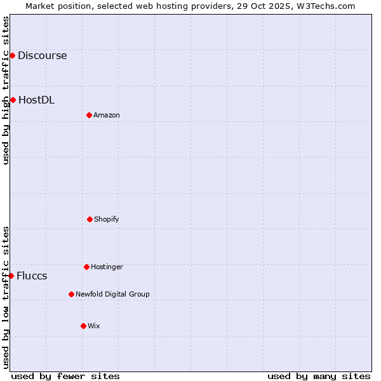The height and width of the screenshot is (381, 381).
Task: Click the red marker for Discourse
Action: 12,55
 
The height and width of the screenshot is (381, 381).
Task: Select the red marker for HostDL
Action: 13,100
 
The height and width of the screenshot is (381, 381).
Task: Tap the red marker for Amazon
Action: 89,115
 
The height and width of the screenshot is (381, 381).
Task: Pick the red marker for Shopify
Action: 90,219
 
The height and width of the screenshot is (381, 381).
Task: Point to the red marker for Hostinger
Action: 86,267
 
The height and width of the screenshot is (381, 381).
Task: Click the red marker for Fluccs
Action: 11,276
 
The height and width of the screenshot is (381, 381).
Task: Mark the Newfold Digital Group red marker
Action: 71,294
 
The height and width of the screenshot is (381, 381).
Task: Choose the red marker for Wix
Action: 83,326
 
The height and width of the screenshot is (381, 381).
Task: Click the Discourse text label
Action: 42,55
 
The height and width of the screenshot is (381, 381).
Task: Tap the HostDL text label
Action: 36,100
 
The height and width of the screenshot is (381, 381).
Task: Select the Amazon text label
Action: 107,115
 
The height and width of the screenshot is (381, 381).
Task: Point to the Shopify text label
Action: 107,219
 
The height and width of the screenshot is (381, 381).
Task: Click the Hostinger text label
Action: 107,267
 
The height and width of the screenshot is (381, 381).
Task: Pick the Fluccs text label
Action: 32,276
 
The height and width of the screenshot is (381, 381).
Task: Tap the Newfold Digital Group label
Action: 112,294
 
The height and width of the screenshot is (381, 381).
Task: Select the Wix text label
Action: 94,326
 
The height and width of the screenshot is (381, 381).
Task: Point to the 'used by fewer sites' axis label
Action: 65,376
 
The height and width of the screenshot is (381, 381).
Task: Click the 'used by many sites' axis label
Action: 319,376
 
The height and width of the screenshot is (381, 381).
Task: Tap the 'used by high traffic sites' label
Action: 6,90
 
